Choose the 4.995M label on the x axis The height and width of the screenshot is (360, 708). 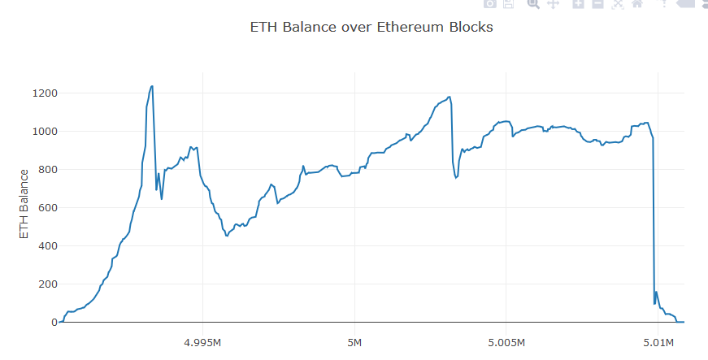[x=202, y=341]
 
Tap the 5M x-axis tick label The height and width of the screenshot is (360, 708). [x=354, y=341]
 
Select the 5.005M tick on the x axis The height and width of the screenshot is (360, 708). [x=506, y=341]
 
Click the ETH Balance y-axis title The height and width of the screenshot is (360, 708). [x=24, y=204]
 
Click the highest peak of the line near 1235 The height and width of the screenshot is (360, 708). [x=152, y=86]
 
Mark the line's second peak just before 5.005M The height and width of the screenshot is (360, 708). [x=449, y=97]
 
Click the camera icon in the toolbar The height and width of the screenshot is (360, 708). [x=490, y=4]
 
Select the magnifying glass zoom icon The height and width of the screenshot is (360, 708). [x=533, y=4]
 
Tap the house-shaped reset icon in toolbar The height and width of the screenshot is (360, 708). [x=637, y=4]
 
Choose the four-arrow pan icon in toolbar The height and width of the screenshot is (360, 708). [x=553, y=4]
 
